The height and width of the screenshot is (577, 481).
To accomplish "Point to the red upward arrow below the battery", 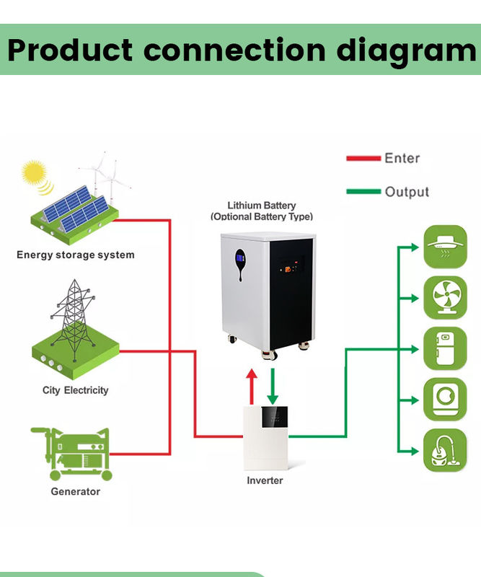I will tap(252, 387).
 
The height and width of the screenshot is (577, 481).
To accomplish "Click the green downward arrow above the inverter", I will tap(272, 387).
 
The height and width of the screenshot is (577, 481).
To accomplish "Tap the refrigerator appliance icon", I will tap(445, 348).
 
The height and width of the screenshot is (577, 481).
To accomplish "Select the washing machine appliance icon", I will tap(445, 399).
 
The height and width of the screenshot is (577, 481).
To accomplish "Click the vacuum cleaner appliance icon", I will tap(445, 450).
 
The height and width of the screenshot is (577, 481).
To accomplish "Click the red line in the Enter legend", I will tap(363, 158).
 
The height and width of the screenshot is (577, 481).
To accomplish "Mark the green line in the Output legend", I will tap(363, 192).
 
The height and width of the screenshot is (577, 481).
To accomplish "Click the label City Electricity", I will tap(75, 390).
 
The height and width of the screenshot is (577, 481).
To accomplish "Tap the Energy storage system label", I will tap(75, 255).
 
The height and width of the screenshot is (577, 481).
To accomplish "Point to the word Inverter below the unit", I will tap(265, 480).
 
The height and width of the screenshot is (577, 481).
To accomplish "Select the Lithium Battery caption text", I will tap(262, 206).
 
